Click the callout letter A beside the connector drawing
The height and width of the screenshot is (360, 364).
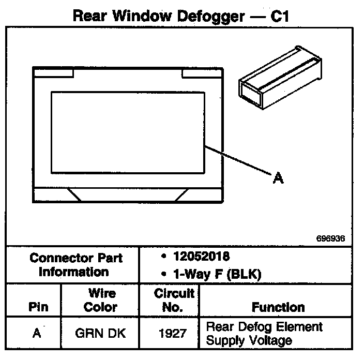coord(278,178)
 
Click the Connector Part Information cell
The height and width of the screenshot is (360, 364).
coord(73,264)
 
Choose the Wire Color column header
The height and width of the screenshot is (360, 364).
coord(100,300)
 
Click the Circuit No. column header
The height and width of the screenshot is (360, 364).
coord(174,300)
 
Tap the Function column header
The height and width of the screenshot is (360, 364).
coord(278,307)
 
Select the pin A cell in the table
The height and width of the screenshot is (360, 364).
coord(36,333)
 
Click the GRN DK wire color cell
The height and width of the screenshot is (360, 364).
coord(100,333)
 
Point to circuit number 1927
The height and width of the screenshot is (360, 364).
coord(174,333)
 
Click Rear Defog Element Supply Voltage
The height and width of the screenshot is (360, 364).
coord(264,333)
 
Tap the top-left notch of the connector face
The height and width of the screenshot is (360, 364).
coord(53,72)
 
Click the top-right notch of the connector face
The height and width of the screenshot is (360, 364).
coord(203,72)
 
